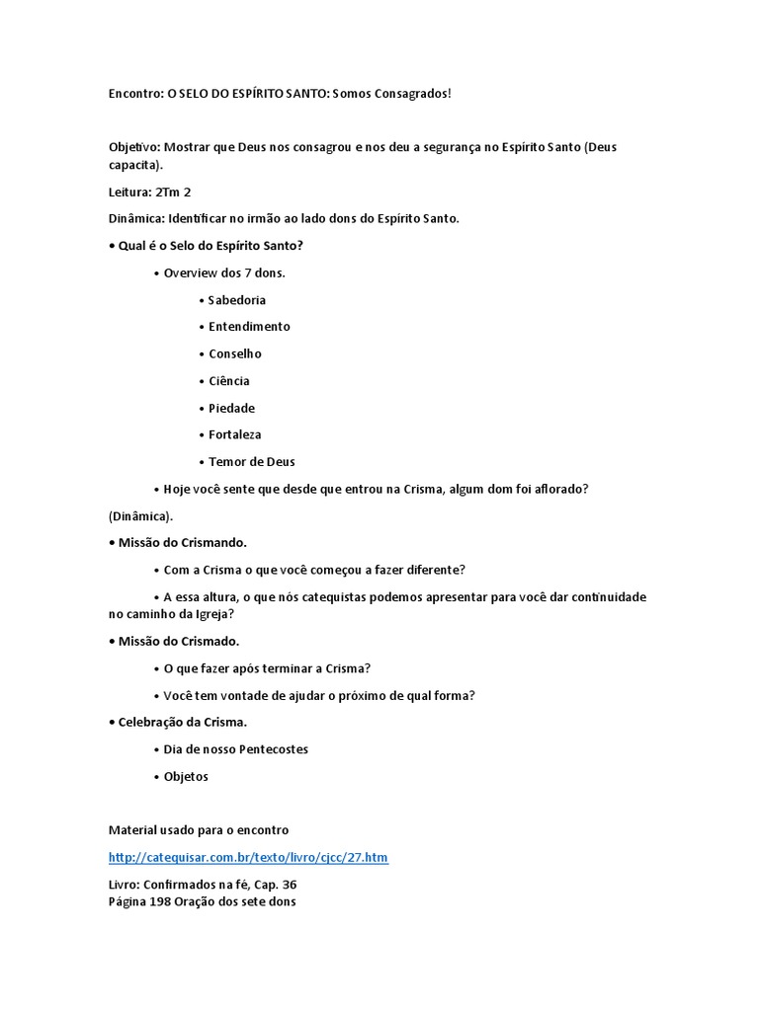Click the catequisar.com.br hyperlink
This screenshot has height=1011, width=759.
248,858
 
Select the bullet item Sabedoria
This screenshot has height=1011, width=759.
237,300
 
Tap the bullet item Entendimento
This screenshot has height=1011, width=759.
249,327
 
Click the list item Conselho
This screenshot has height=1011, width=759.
235,353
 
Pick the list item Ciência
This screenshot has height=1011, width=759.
229,381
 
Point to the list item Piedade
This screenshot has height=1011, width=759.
231,408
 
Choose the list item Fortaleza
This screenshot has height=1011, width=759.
235,434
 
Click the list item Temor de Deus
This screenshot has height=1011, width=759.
251,461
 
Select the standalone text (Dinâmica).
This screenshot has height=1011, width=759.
140,516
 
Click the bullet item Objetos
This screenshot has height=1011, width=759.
186,776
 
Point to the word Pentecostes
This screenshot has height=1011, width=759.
274,749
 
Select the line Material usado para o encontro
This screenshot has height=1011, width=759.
199,830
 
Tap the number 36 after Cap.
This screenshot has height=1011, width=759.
289,885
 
